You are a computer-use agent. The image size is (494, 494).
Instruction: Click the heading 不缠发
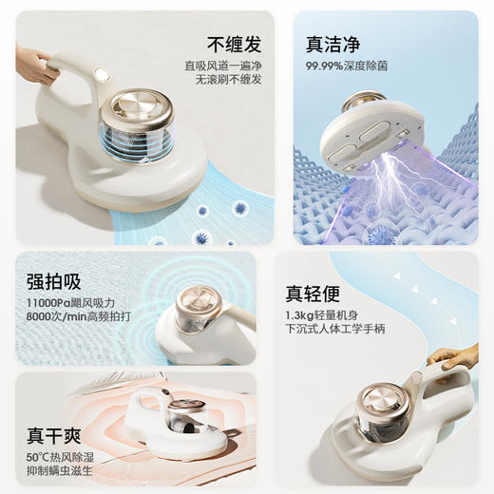coord(235,45)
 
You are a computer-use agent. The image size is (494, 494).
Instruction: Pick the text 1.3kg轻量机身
coord(322,315)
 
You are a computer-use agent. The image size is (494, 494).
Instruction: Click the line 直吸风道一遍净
coord(223,66)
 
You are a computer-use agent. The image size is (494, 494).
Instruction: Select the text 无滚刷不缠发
coord(229,80)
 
